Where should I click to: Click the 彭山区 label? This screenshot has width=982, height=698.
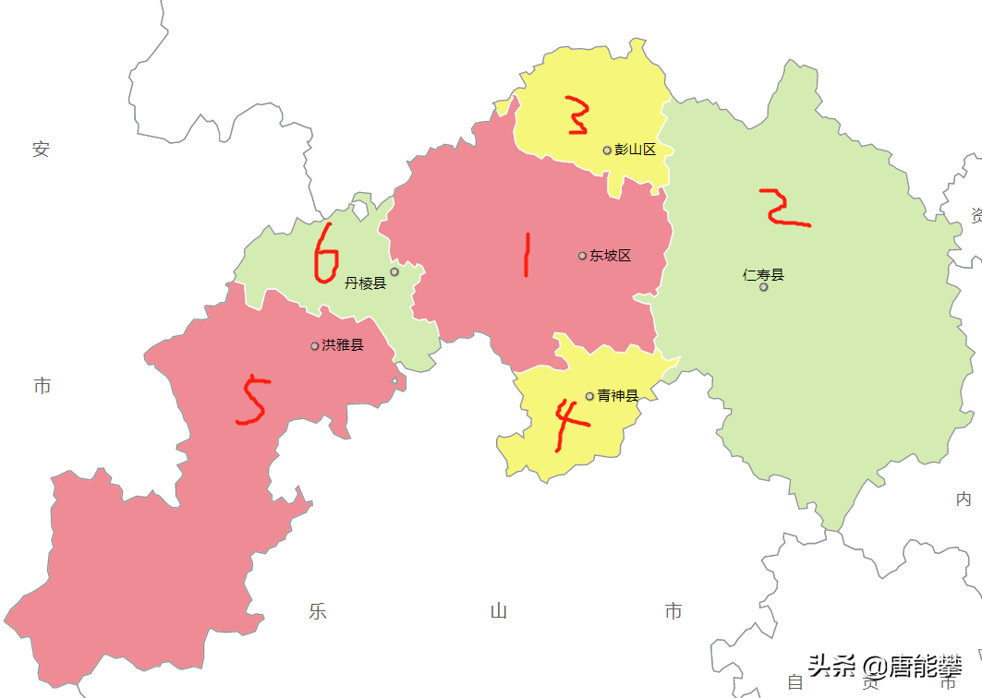tap(636, 150)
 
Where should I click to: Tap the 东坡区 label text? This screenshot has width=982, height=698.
tap(611, 256)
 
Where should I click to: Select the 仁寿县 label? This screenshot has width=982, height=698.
tap(763, 274)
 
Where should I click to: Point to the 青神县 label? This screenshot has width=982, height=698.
tap(618, 396)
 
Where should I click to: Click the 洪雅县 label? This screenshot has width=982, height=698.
tap(343, 345)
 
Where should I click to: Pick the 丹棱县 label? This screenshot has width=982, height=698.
tap(365, 283)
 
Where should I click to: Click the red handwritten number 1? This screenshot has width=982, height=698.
tap(527, 255)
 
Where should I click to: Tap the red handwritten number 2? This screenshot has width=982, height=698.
tap(782, 209)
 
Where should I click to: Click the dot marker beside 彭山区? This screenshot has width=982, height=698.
tap(607, 150)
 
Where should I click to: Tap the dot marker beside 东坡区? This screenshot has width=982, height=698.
tap(582, 256)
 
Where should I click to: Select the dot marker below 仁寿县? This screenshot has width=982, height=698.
tap(764, 287)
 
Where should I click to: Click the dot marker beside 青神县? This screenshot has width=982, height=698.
tap(589, 396)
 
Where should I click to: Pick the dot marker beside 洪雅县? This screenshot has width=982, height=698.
tap(314, 346)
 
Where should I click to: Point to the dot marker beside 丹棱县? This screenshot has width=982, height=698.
tap(394, 271)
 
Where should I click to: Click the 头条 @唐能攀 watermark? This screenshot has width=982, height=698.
tap(885, 665)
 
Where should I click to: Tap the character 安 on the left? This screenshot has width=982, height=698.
tap(41, 150)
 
